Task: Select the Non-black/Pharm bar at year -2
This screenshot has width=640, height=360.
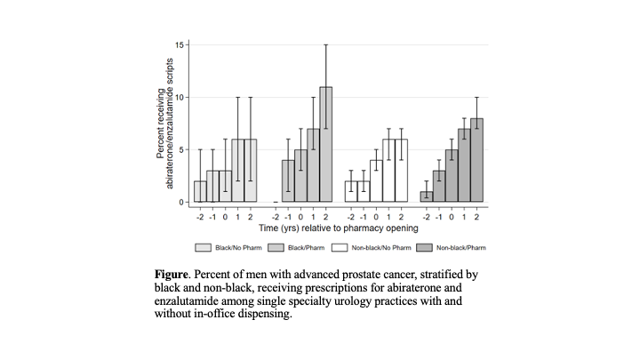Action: [x=427, y=196]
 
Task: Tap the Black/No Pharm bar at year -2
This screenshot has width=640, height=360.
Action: [x=200, y=192]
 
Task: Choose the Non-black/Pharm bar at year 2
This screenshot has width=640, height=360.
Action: [x=477, y=160]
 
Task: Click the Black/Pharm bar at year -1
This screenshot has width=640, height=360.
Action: [x=288, y=181]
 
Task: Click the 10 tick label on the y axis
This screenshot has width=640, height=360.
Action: [x=180, y=97]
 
